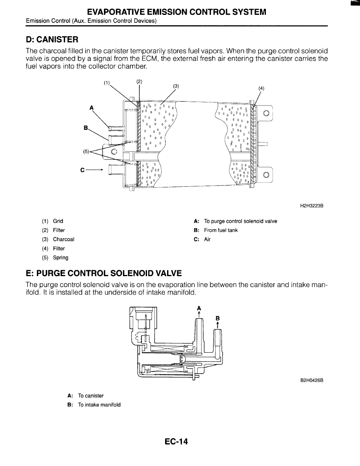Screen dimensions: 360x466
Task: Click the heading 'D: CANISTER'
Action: [52, 39]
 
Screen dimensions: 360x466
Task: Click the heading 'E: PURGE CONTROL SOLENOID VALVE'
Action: [104, 273]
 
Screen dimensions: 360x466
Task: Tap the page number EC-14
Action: [176, 442]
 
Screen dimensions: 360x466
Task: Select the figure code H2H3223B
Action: [312, 206]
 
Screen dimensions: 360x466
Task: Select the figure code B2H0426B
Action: [312, 380]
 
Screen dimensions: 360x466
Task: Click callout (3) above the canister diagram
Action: [176, 86]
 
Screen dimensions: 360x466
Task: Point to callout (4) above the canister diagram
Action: [261, 88]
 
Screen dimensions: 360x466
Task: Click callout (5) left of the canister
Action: [86, 151]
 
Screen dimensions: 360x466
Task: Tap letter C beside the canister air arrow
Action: [83, 170]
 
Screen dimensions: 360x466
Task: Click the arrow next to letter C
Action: [95, 170]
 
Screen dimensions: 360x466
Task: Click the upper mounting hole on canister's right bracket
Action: [266, 113]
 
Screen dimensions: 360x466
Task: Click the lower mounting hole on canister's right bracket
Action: [266, 175]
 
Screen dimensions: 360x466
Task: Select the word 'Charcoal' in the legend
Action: [64, 239]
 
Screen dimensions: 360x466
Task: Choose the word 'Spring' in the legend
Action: [61, 258]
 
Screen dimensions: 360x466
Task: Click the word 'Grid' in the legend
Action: [58, 221]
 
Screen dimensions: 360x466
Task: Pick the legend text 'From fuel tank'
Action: [221, 230]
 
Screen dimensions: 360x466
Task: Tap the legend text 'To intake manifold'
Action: [99, 405]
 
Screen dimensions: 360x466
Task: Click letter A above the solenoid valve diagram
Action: [199, 308]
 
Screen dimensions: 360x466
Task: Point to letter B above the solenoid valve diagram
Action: [218, 318]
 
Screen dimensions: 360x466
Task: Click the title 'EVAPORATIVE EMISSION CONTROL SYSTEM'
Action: [177, 12]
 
